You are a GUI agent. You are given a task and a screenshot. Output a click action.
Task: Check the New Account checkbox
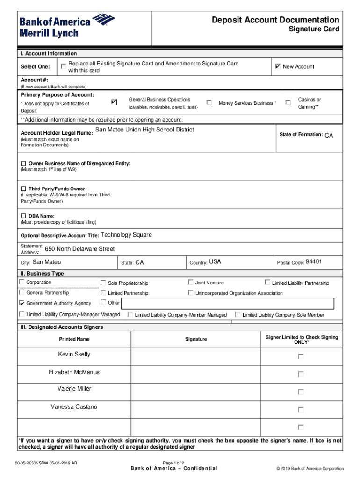click(x=278, y=66)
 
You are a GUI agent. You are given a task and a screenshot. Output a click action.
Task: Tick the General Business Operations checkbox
click(x=114, y=102)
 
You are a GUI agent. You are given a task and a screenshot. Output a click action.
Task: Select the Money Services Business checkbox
click(x=209, y=102)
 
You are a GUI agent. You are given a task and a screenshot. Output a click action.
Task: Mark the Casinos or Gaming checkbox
click(x=288, y=102)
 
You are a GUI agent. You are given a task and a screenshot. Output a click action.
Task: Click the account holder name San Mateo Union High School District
click(x=144, y=130)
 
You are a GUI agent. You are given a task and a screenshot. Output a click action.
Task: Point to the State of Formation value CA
click(x=329, y=135)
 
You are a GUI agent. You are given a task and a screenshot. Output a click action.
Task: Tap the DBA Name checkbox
click(x=23, y=216)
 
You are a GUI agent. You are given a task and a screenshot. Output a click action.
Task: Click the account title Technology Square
click(x=126, y=235)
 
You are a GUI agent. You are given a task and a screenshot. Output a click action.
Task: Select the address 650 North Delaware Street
click(x=79, y=249)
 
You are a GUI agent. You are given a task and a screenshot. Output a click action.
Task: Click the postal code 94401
click(x=314, y=262)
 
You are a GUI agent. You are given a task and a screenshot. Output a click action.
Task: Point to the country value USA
click(x=215, y=262)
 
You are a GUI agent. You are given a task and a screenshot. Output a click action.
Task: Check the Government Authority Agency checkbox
click(x=22, y=303)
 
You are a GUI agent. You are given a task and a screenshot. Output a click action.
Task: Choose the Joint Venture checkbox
click(x=191, y=283)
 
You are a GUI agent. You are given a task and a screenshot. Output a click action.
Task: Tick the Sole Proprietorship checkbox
click(x=103, y=283)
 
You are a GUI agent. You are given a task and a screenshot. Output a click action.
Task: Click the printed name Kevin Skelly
click(x=74, y=354)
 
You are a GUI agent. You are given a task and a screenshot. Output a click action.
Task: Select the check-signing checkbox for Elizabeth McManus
click(x=301, y=374)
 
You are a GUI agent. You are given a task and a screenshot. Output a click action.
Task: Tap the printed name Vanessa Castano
click(x=74, y=407)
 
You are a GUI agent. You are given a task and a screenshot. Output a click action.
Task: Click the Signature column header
click(x=196, y=339)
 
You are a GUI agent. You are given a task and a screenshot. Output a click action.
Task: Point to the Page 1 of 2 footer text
click(x=173, y=463)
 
